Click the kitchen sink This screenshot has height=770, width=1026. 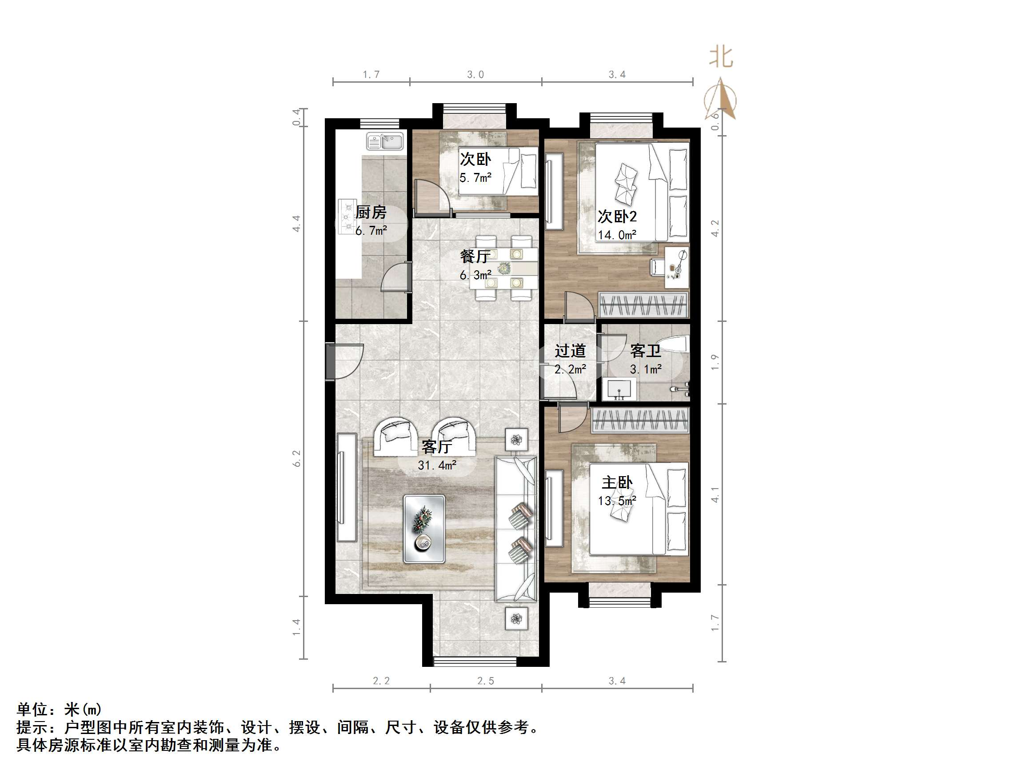385,141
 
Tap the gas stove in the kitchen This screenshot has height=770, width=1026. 346,217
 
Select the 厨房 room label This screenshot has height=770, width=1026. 371,213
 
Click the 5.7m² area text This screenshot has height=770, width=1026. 475,178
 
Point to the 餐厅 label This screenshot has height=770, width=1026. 475,256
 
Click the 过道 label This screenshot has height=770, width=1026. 570,351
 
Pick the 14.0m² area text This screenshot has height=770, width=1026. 617,235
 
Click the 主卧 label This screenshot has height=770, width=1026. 617,483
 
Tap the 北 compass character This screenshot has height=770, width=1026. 721,57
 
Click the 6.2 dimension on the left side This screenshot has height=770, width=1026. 297,458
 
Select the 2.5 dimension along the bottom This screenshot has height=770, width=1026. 486,681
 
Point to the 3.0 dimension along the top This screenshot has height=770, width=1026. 475,74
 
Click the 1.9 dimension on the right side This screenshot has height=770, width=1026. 715,361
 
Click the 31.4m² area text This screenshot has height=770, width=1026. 437,465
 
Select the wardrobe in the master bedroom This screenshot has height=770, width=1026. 641,420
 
